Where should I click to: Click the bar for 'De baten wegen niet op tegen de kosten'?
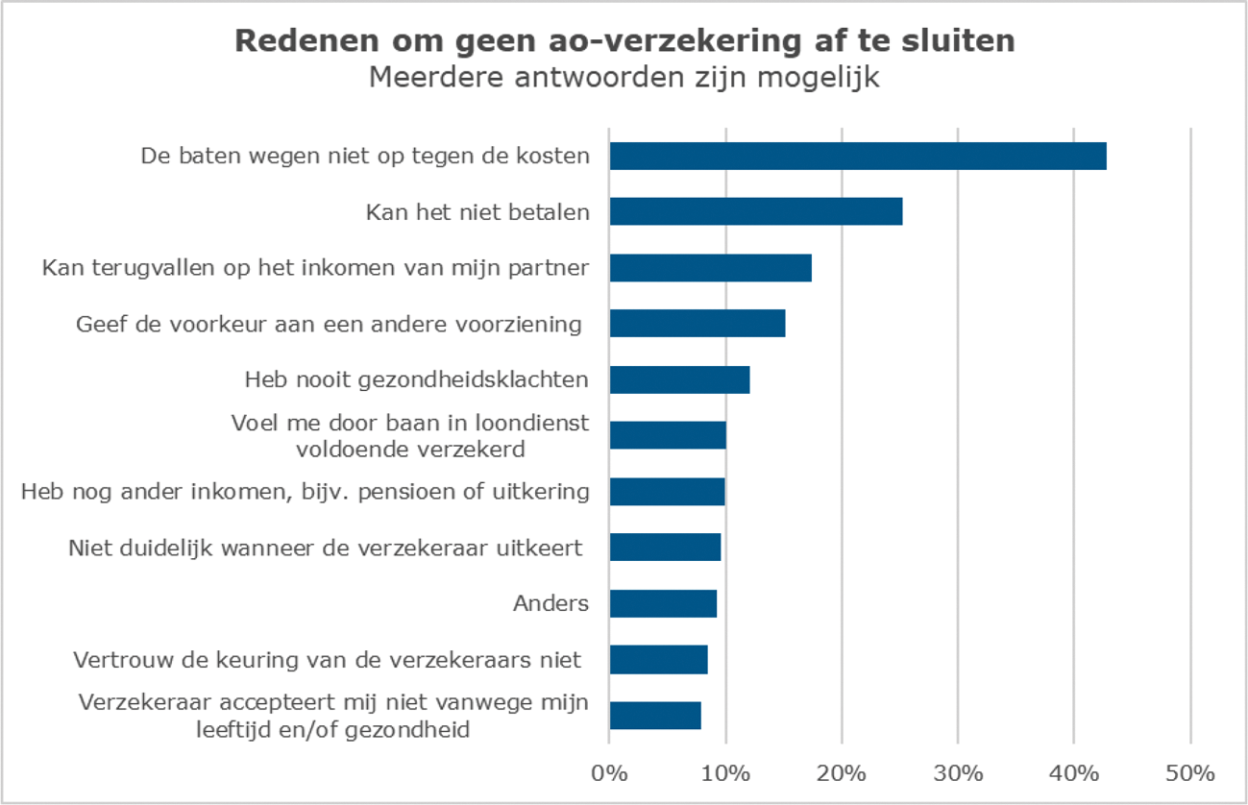(x=857, y=156)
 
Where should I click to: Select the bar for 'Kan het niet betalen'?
(x=755, y=211)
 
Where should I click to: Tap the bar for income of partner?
(x=710, y=267)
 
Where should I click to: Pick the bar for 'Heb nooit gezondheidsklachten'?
(x=679, y=379)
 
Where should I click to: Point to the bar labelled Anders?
(x=663, y=603)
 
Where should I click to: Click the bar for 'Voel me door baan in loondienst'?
(x=668, y=435)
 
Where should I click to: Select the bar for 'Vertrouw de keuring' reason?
(x=658, y=659)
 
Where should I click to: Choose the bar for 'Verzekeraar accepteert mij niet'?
(x=655, y=716)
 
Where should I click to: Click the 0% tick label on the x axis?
(x=609, y=772)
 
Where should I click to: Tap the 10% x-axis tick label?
(x=725, y=772)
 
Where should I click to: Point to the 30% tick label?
(x=958, y=772)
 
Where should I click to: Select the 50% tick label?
(x=1190, y=772)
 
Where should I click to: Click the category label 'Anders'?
(x=551, y=603)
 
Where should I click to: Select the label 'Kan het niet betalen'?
(x=477, y=211)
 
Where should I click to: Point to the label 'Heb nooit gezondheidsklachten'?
(x=417, y=379)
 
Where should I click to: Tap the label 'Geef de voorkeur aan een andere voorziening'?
(x=330, y=324)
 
